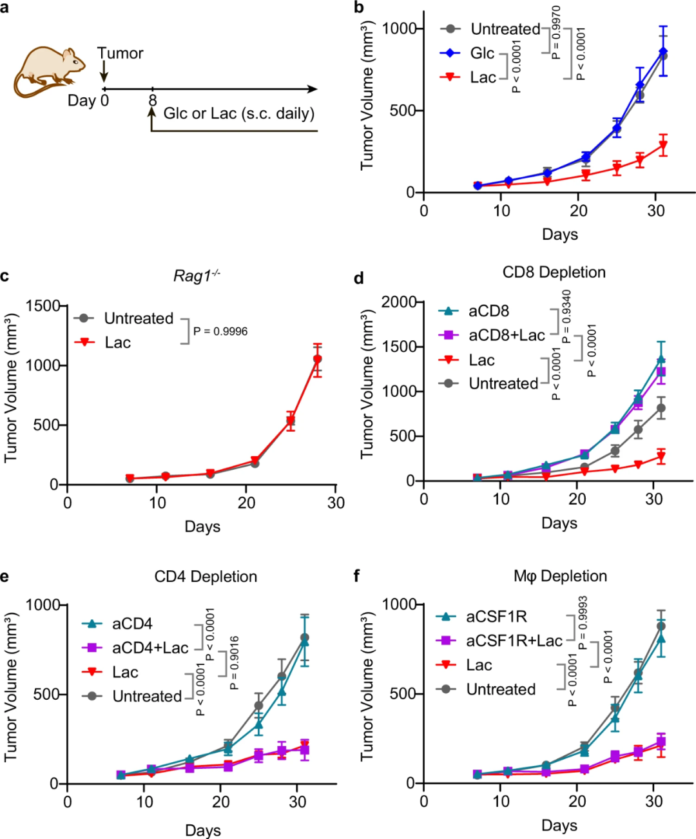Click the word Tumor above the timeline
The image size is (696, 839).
point(121,53)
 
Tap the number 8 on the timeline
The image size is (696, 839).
point(152,101)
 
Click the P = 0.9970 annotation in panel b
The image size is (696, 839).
point(556,32)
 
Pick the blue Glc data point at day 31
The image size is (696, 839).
point(662,52)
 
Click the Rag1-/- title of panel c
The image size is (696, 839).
point(197,276)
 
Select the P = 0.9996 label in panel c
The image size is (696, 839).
point(220,331)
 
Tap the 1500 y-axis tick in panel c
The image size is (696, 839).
point(43,305)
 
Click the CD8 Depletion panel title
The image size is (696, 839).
point(554,273)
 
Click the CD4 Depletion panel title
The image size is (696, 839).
point(206,577)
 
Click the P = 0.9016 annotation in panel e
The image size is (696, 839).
point(235,662)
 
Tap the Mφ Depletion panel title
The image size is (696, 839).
point(560,576)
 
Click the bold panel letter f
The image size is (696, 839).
point(358,575)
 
